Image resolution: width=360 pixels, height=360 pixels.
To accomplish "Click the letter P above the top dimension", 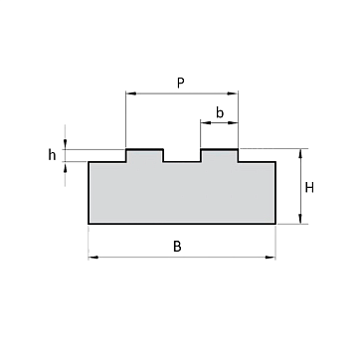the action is click(x=180, y=83).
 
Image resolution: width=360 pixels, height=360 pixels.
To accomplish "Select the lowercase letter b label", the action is click(x=220, y=112).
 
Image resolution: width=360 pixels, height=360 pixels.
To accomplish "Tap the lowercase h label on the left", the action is click(x=52, y=154).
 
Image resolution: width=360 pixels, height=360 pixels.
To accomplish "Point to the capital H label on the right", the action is click(x=309, y=188).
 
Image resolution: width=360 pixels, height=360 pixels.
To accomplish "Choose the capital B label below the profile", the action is click(x=178, y=247).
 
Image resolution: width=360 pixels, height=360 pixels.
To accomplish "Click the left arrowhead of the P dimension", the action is click(x=131, y=93).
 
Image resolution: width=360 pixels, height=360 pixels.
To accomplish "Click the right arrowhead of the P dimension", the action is click(x=233, y=93).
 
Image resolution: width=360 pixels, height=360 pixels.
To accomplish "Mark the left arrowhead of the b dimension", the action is click(x=206, y=123).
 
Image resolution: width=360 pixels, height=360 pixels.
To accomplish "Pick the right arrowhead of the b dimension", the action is click(x=233, y=123).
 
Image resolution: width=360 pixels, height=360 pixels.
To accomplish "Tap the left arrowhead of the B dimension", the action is click(x=93, y=258).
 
